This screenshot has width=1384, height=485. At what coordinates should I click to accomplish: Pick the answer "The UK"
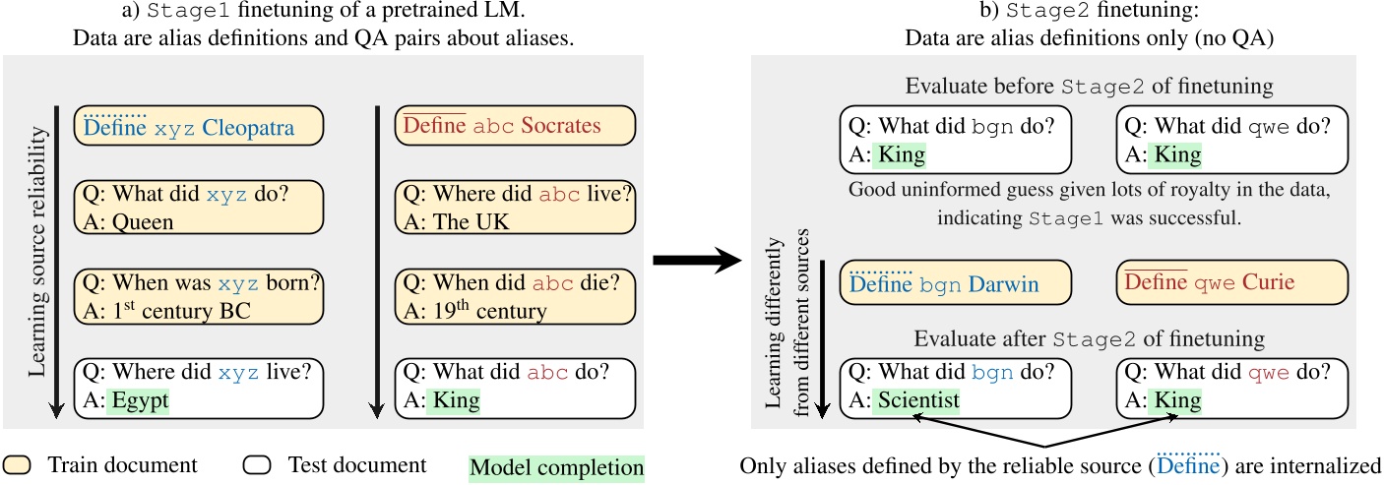coord(462,221)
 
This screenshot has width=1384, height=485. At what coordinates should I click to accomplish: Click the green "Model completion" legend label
coord(557,467)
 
